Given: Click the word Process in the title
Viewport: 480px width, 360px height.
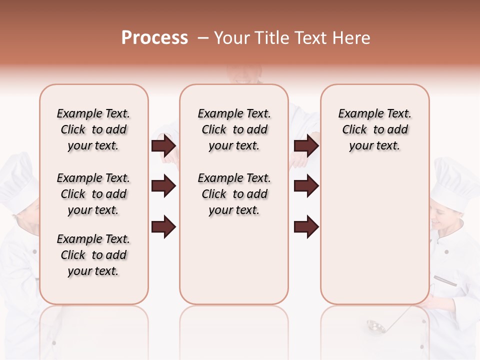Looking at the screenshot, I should [x=154, y=37].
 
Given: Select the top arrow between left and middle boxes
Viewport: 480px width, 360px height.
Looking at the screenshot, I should [x=163, y=146].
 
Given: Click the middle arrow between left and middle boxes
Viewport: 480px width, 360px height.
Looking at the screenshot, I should [x=163, y=186].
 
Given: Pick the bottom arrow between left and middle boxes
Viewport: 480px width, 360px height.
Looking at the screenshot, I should [x=163, y=227].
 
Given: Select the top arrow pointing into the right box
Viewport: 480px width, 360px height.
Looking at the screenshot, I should [x=306, y=146].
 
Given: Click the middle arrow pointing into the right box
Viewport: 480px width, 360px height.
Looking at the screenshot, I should [x=306, y=186].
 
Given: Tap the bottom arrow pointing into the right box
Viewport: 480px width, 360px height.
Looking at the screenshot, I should [x=306, y=227].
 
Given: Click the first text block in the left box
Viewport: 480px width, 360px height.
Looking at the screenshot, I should [x=93, y=129].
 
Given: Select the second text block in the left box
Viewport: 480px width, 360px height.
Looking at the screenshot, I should [x=93, y=194].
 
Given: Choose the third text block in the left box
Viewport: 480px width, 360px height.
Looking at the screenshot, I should [x=93, y=255].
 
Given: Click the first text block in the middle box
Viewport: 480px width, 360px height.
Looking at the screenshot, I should [x=234, y=129].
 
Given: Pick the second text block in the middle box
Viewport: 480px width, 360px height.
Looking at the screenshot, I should [x=234, y=194].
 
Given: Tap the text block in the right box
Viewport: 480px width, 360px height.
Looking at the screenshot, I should [x=375, y=129].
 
